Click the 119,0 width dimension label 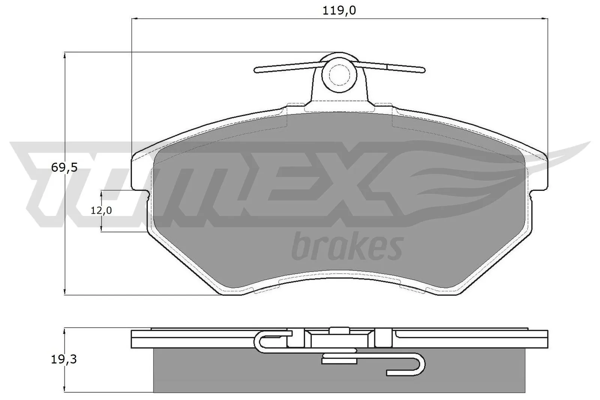pos(339,10)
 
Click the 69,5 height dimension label pos(64,168)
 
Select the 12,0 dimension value pos(101,211)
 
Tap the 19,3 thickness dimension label pos(64,360)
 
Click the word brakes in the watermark pos(347,246)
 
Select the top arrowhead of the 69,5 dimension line pos(66,55)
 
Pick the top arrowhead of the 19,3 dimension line pos(66,331)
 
